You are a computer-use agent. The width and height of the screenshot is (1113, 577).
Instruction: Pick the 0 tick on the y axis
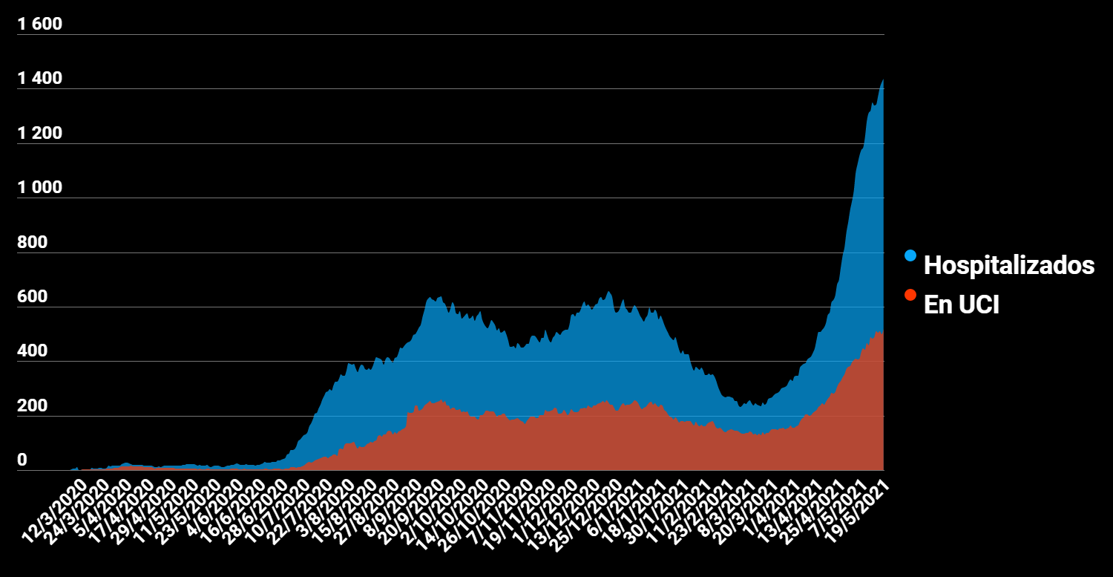pyautogui.click(x=22, y=461)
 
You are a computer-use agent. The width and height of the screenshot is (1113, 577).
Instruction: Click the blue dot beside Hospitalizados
pyautogui.click(x=910, y=255)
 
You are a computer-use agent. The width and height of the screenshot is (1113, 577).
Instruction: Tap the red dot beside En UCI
pyautogui.click(x=910, y=295)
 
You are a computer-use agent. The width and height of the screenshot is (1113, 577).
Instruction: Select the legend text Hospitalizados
pyautogui.click(x=1008, y=265)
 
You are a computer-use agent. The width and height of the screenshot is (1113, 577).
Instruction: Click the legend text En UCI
pyautogui.click(x=961, y=304)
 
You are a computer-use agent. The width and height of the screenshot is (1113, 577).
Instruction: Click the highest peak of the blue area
pyautogui.click(x=882, y=79)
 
